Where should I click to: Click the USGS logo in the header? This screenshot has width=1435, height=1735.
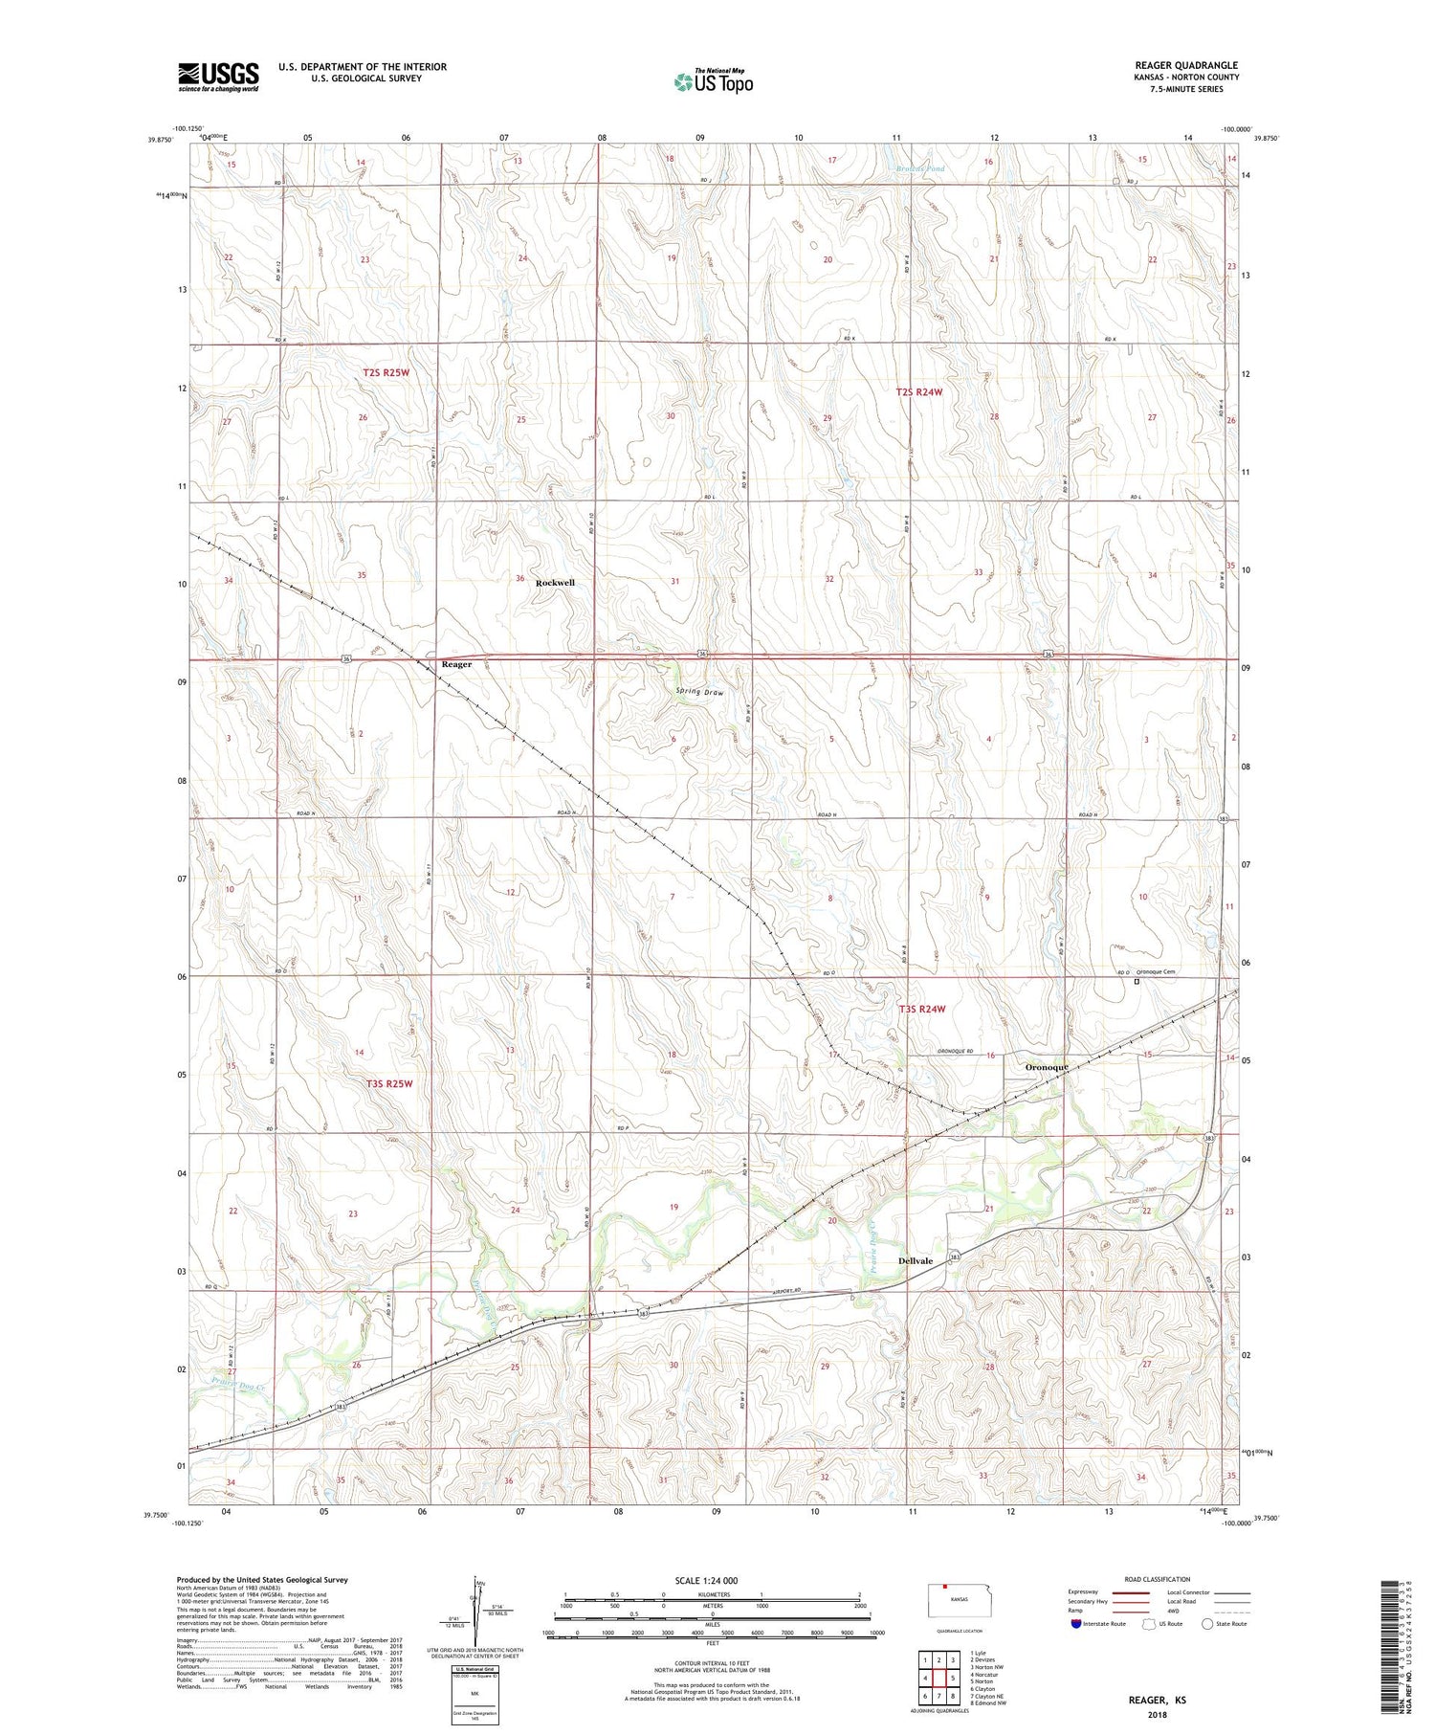point(218,77)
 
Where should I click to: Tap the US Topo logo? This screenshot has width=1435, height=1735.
point(713,81)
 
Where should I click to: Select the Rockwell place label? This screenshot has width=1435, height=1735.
point(555,583)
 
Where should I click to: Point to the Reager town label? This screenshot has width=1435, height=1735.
point(456,664)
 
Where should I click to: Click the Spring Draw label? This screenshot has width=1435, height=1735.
point(699,691)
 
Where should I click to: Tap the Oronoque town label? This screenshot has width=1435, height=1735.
point(1047,1067)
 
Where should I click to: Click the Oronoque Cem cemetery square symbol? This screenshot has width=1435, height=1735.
point(1137,981)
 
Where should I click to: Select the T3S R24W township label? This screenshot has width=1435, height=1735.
point(921,1009)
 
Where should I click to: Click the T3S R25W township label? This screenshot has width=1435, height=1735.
point(389,1083)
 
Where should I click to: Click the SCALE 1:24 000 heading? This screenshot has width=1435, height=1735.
point(713,1580)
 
